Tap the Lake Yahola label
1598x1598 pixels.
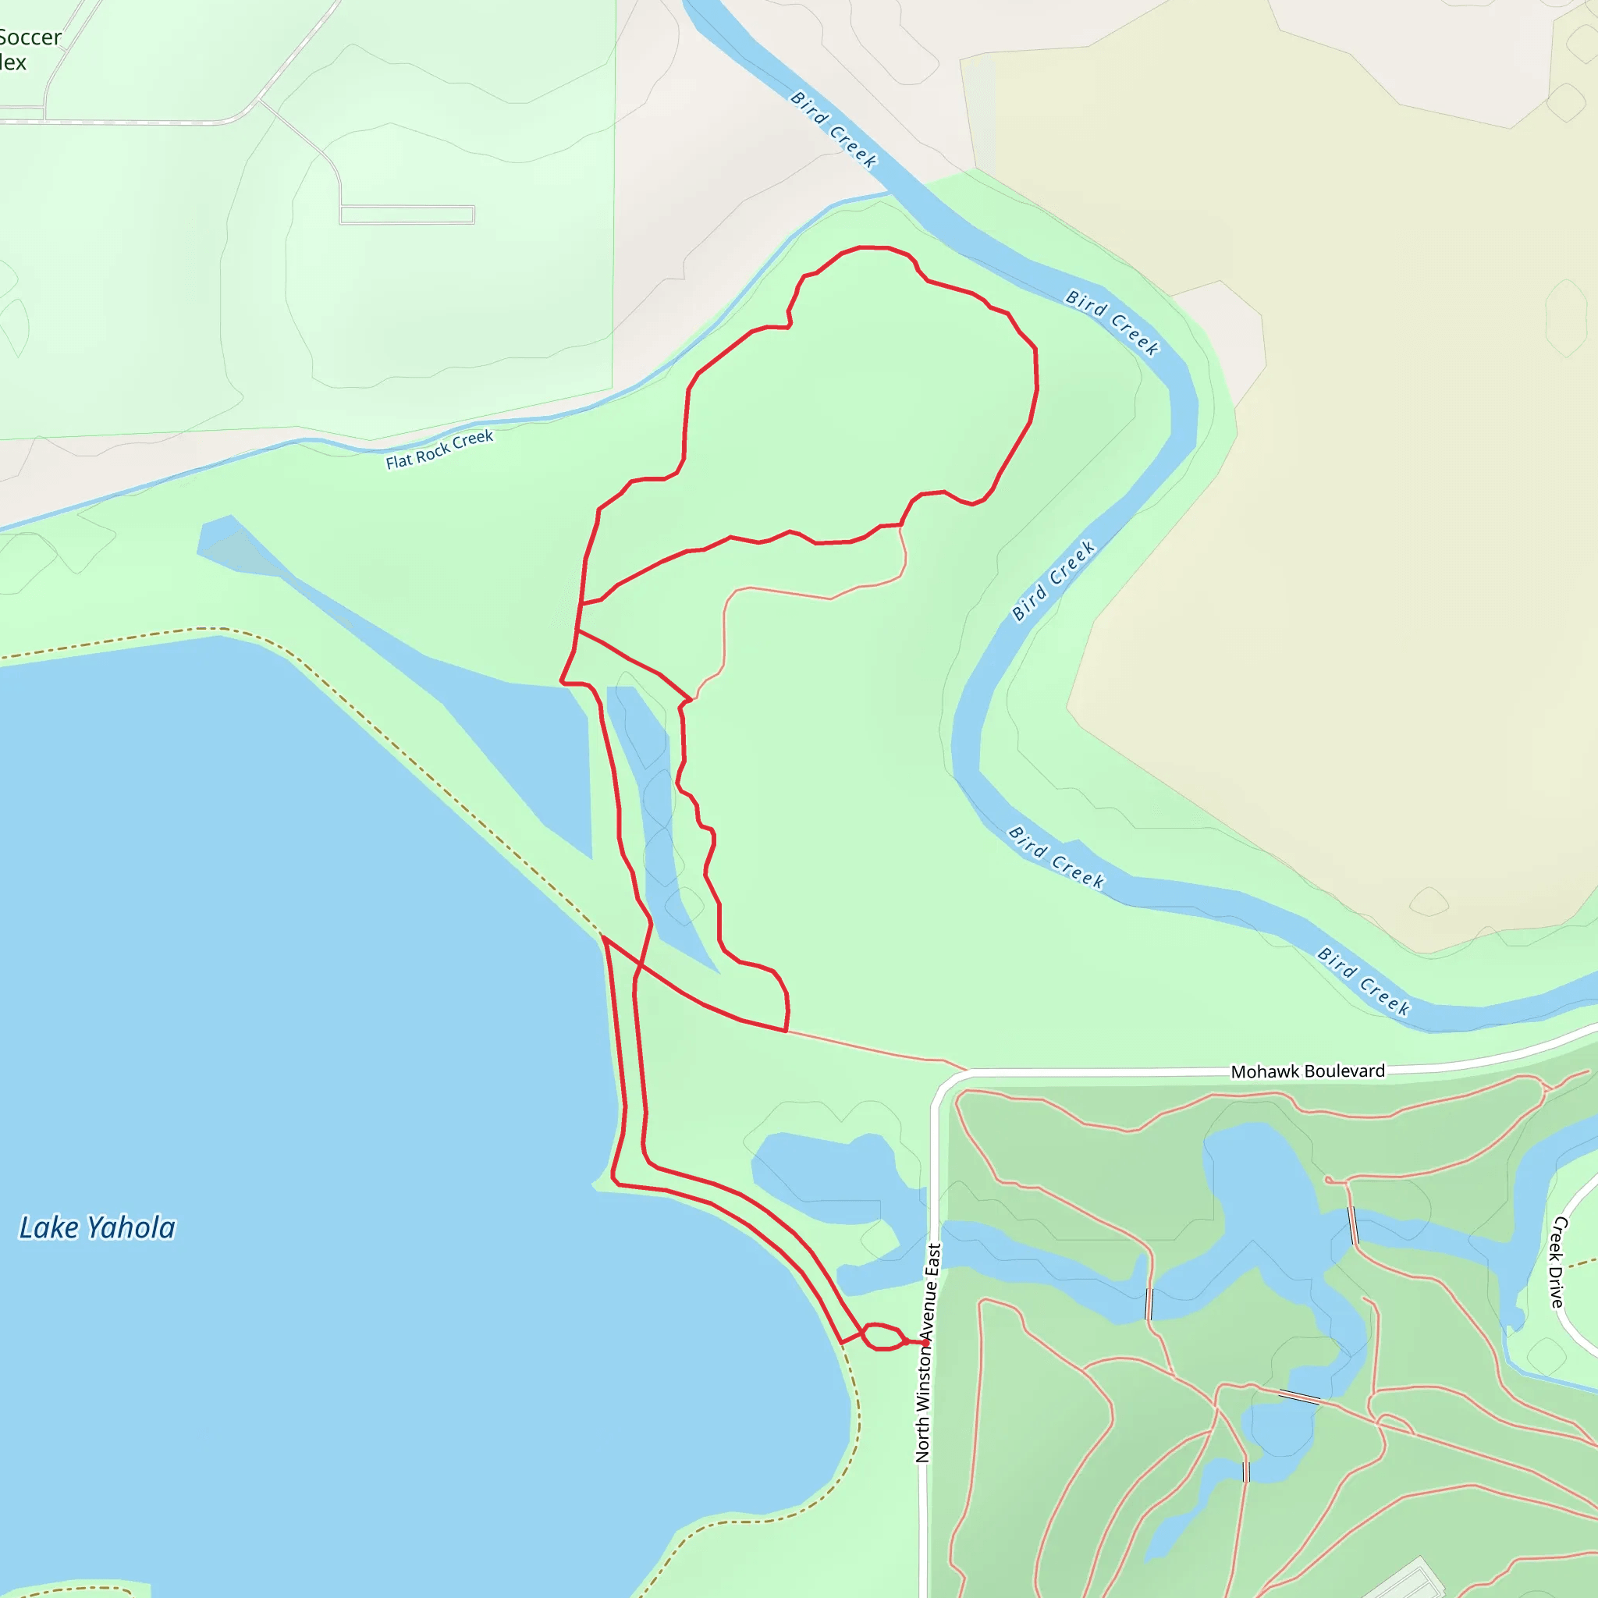tap(97, 1228)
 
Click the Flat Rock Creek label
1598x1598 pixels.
tap(439, 449)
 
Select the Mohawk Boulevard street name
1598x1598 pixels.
tap(1307, 1071)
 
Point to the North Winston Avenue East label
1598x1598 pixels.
tap(927, 1352)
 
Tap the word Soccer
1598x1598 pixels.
tap(30, 37)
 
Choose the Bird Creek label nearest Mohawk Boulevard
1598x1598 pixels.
tap(1363, 981)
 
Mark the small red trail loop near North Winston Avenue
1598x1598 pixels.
tap(882, 1337)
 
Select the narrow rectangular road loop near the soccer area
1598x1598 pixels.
tap(407, 215)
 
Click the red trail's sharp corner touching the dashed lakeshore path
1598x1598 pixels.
tap(604, 937)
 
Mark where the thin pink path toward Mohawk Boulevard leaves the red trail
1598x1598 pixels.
tap(786, 1032)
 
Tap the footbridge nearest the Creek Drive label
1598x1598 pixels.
tap(1353, 1225)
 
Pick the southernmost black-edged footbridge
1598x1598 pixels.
tap(1245, 1472)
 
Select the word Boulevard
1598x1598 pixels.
tap(1344, 1071)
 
